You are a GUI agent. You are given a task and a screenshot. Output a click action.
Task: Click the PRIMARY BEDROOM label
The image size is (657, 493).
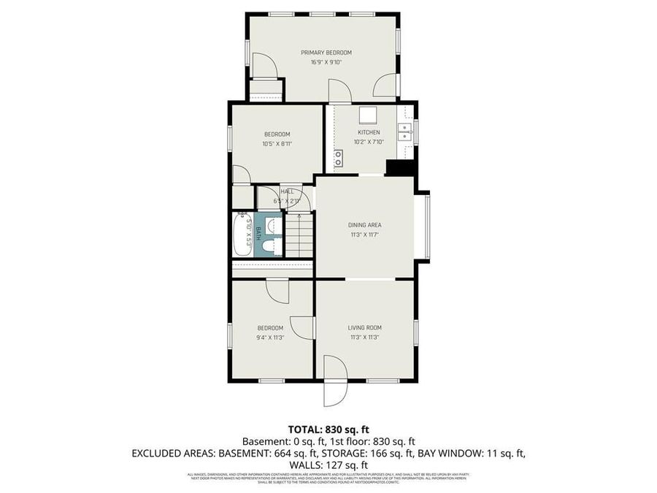326,53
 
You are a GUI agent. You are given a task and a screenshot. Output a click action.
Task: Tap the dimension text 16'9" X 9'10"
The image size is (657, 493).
326,62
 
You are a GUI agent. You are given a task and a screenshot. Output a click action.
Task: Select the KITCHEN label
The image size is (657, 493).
368,132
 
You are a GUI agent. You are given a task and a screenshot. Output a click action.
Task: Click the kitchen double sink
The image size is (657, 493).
405,131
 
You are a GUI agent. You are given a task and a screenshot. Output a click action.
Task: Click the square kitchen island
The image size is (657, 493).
367,115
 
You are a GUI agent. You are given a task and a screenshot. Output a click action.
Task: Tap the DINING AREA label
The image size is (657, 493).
364,225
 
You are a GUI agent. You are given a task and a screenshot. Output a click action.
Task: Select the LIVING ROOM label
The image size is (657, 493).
364,328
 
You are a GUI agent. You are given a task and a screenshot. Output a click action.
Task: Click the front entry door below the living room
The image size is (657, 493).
334,383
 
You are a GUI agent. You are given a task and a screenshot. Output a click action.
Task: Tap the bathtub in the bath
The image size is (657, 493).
243,234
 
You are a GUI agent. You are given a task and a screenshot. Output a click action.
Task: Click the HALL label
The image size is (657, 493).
277,191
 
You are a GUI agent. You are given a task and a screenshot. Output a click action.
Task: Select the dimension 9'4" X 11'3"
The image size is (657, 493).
270,337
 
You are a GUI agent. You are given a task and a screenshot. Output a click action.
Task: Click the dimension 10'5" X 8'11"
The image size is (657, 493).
277,144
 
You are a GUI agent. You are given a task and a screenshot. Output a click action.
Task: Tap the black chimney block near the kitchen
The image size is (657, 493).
400,167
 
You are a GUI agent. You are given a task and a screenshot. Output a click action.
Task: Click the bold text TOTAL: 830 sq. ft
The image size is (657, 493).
328,429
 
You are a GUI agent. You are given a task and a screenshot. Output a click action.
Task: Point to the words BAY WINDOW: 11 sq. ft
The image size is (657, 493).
470,453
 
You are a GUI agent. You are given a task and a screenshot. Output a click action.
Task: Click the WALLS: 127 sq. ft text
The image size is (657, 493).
328,465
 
